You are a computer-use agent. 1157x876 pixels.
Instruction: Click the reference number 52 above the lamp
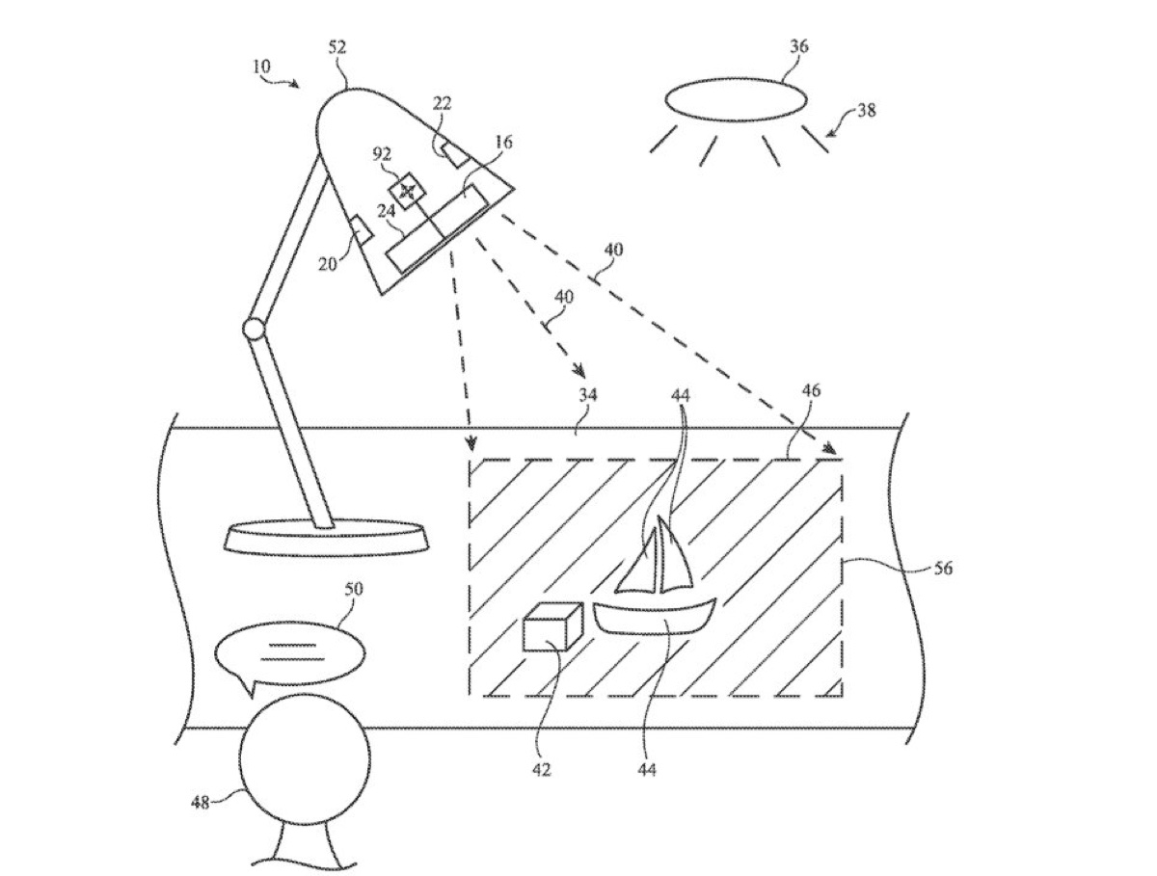(337, 48)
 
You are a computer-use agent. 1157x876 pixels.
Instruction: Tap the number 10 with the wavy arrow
(262, 66)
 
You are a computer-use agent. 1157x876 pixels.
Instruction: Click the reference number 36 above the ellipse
(798, 47)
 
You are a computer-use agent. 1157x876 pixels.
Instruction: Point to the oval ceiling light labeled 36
(736, 100)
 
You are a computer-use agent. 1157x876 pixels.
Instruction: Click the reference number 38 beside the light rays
(867, 110)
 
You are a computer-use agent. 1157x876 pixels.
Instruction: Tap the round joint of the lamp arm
(254, 329)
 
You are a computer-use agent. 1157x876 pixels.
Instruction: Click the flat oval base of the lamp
(326, 539)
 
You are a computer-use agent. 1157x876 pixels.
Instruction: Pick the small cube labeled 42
(552, 626)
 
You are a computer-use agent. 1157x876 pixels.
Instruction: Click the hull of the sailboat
(655, 619)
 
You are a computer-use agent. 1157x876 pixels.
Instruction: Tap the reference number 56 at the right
(943, 569)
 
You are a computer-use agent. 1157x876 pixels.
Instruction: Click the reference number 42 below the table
(541, 770)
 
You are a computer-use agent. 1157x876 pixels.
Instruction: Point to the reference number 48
(201, 804)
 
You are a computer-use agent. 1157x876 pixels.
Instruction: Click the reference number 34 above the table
(588, 394)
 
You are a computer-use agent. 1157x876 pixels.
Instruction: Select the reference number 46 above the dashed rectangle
(811, 390)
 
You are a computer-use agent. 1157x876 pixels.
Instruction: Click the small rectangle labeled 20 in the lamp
(363, 228)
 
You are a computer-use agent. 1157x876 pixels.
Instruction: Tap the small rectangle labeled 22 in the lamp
(455, 154)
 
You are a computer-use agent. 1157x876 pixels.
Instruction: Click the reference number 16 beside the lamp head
(503, 142)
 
